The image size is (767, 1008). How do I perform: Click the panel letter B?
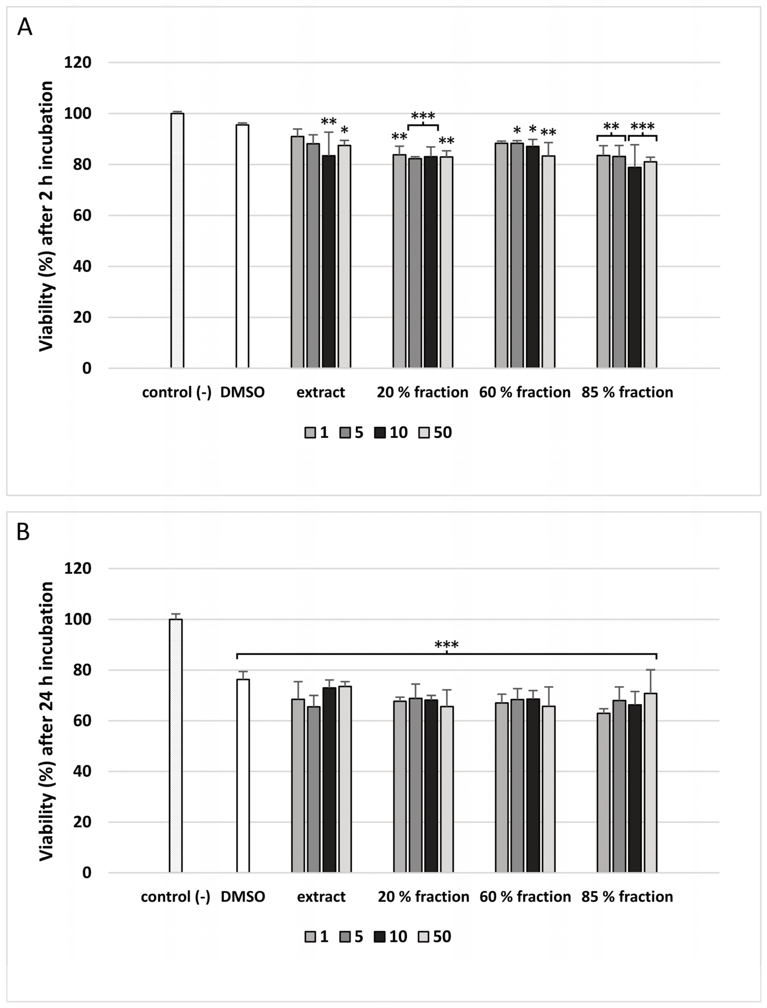click(x=23, y=532)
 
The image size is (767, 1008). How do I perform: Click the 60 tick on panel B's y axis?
click(x=80, y=721)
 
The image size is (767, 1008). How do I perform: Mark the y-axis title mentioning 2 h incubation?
click(x=46, y=216)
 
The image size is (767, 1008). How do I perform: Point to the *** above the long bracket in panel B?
click(x=446, y=645)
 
